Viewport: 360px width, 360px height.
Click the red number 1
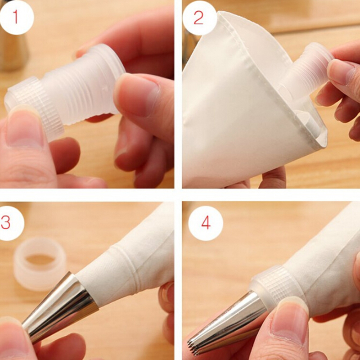pyautogui.click(x=16, y=17)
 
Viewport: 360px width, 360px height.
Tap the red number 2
pyautogui.click(x=198, y=18)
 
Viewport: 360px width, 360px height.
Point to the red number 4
pyautogui.click(x=206, y=223)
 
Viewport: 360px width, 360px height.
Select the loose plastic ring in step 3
pyautogui.click(x=40, y=264)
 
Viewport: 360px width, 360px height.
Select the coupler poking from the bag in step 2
pyautogui.click(x=306, y=76)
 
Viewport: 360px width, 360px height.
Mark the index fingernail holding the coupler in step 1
pyautogui.click(x=135, y=94)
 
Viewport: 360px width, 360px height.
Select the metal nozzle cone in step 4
pyautogui.click(x=227, y=326)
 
